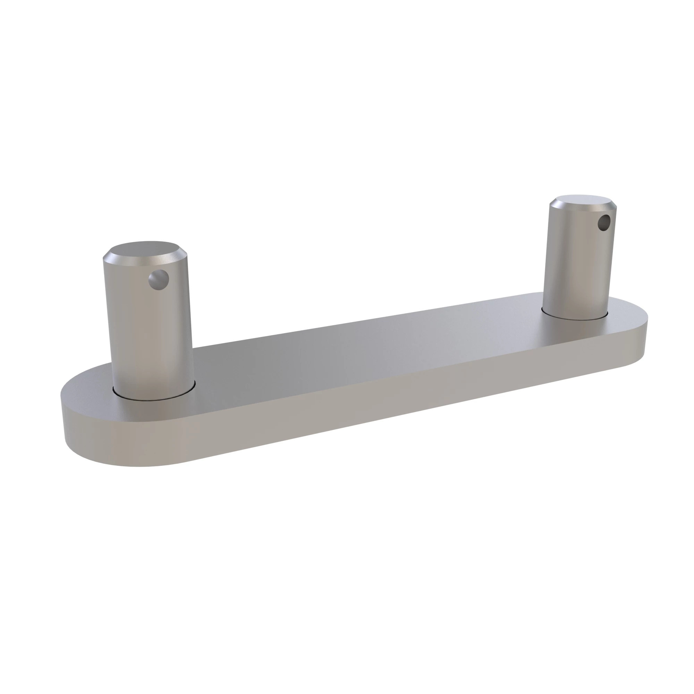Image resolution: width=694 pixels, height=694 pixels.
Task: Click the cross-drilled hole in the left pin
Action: tap(159, 279)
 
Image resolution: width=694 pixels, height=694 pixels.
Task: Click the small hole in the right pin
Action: tap(604, 223)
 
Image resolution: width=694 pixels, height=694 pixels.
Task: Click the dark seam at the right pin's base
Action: tap(575, 319)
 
